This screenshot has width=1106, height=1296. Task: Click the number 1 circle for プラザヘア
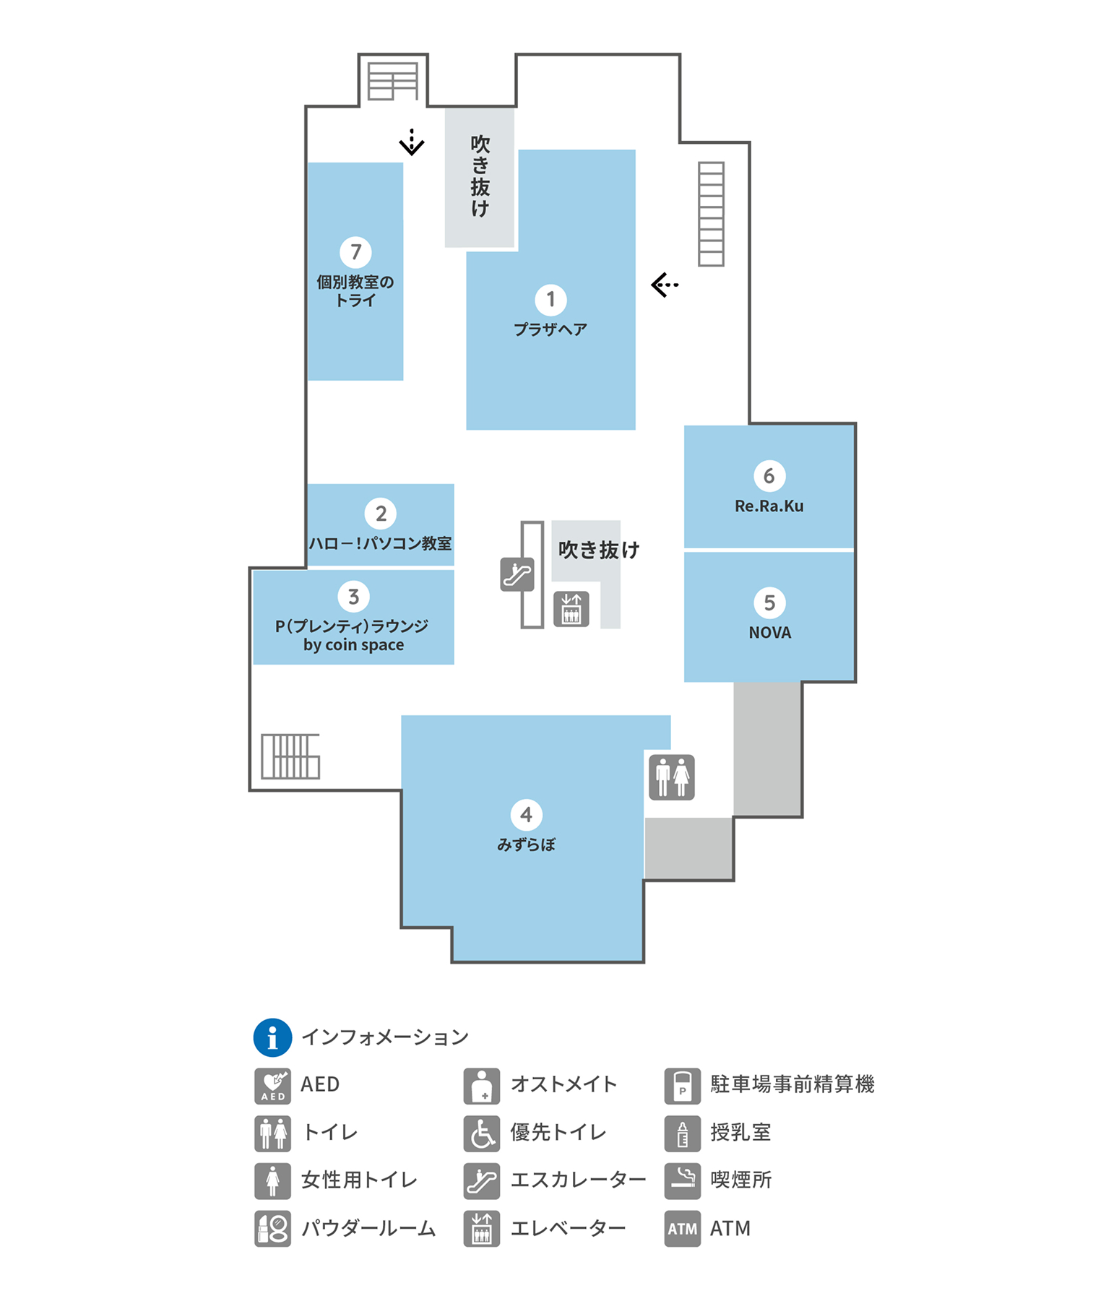click(550, 299)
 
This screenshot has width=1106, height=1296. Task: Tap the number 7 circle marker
click(355, 252)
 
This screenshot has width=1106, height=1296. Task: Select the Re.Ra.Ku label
click(769, 506)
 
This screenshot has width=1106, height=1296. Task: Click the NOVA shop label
click(769, 633)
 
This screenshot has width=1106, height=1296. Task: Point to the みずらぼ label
click(526, 844)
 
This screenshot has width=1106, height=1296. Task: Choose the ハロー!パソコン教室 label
click(381, 543)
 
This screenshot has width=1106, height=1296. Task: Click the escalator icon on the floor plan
click(517, 574)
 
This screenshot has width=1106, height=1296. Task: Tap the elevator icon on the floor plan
click(571, 608)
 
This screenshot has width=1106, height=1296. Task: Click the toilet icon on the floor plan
click(672, 777)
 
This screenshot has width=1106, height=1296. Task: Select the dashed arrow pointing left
click(665, 285)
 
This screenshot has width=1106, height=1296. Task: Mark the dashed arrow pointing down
click(412, 142)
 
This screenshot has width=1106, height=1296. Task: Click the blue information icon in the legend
click(272, 1038)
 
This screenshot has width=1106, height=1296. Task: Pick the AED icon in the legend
click(272, 1085)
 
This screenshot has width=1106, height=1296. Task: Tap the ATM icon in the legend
click(682, 1228)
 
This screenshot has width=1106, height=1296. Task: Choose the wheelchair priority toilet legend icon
click(482, 1133)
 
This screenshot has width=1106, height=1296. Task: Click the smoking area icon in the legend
click(682, 1180)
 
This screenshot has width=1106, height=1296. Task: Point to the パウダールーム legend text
click(368, 1228)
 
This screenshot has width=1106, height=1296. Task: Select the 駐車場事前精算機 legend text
click(792, 1084)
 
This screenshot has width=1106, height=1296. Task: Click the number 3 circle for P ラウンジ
click(353, 597)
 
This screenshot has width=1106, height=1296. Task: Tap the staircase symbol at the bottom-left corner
click(290, 756)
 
